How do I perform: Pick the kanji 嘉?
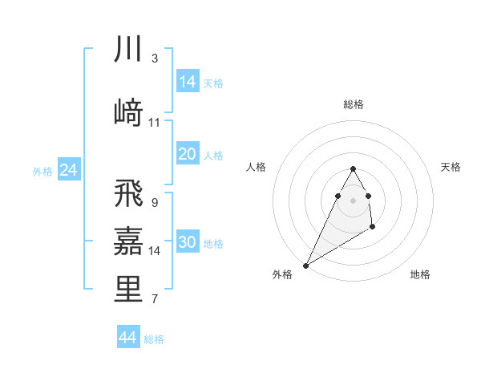(128, 241)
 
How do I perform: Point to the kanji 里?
(128, 290)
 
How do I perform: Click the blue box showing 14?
(188, 82)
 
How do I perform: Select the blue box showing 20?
(188, 154)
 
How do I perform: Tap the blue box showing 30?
(188, 243)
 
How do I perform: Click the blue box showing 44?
(128, 338)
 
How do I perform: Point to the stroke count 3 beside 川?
(154, 59)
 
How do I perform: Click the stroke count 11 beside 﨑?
(155, 123)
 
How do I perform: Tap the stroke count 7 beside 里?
(154, 300)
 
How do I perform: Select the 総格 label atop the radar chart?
(353, 104)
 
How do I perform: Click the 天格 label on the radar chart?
(451, 167)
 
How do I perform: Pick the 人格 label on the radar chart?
(256, 167)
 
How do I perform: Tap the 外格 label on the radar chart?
(281, 275)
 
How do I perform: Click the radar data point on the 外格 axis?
(305, 265)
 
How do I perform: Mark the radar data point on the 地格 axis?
(373, 228)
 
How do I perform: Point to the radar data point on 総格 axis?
(353, 168)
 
